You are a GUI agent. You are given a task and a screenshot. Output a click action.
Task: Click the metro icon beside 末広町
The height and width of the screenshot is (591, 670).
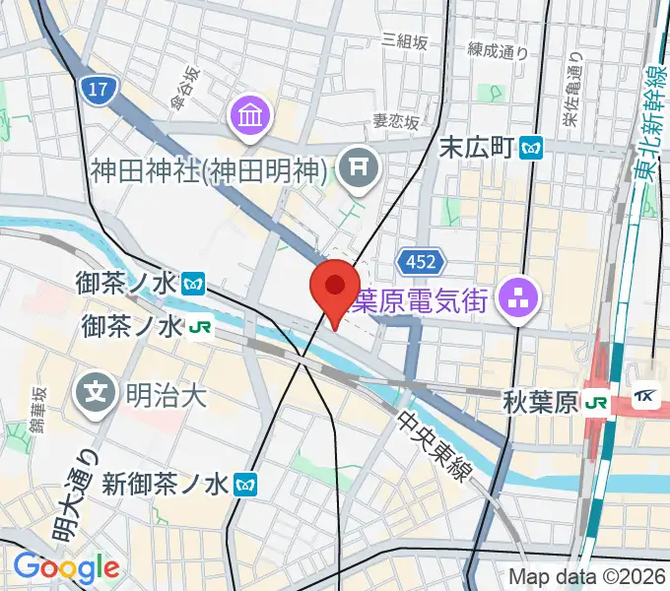[x=532, y=148]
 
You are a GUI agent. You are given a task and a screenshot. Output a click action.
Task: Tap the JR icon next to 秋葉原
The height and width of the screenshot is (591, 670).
[x=594, y=402]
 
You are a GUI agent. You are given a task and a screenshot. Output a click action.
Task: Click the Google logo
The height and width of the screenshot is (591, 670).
[x=65, y=566]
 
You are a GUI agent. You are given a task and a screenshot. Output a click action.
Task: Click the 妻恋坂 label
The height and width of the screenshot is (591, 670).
[x=395, y=121]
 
